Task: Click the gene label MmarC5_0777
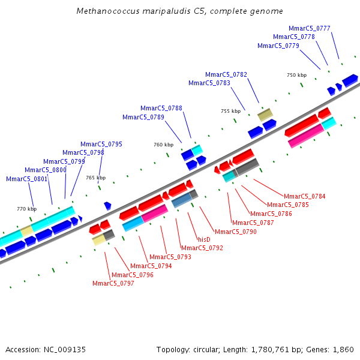click(309, 28)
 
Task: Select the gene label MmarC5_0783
click(209, 83)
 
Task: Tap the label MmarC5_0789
click(143, 117)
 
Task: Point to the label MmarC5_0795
click(101, 144)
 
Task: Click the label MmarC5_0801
click(26, 179)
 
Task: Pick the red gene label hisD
click(204, 239)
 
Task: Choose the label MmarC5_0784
click(305, 196)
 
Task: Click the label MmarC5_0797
click(113, 283)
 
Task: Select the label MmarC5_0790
click(236, 232)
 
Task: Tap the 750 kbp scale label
click(296, 75)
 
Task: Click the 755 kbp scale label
click(230, 111)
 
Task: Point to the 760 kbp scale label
click(163, 145)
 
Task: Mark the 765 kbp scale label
click(95, 178)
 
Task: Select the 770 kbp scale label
click(26, 209)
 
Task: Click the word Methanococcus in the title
click(105, 11)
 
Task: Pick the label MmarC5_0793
click(170, 257)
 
